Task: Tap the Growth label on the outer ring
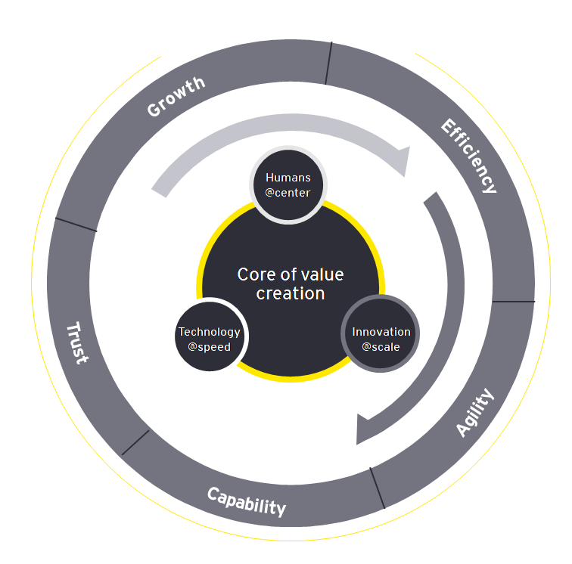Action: (x=176, y=96)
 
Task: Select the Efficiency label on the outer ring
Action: (x=469, y=156)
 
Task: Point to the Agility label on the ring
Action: (x=474, y=413)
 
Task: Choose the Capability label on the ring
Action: (x=247, y=500)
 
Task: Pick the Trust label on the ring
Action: (x=77, y=342)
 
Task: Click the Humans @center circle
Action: (x=288, y=185)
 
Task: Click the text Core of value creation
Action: (x=291, y=284)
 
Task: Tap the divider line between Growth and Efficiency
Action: (x=329, y=63)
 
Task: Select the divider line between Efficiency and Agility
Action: (x=513, y=302)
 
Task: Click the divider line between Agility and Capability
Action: (x=378, y=488)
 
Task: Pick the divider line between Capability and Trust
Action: (x=135, y=442)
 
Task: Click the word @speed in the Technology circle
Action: (x=210, y=347)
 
